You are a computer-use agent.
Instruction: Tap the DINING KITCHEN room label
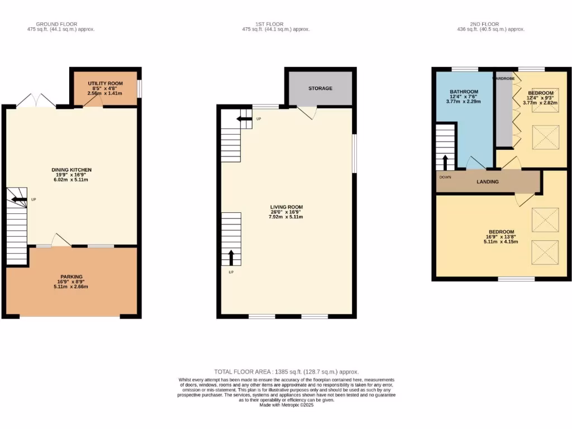71,170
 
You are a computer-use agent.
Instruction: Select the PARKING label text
71,277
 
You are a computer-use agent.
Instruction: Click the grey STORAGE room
320,88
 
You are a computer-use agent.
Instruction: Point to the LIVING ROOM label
285,207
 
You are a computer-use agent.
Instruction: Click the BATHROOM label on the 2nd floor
464,92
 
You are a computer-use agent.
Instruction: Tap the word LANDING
487,182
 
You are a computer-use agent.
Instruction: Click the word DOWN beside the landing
445,178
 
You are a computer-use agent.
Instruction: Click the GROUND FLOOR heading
56,24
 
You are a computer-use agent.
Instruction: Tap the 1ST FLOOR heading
269,24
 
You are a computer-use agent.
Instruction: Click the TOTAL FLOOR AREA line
286,371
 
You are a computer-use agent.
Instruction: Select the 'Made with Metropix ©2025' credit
286,406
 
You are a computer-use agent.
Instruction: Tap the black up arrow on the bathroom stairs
445,162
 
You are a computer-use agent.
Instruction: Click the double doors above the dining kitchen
36,101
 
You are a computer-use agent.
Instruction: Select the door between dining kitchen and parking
60,240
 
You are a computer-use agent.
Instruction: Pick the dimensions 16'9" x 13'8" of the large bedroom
501,237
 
